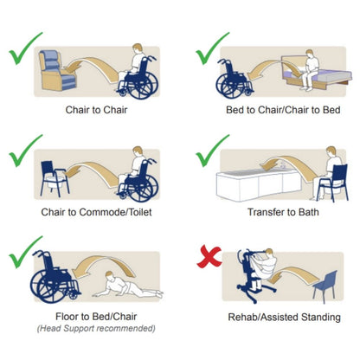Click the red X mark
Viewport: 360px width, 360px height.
[x=209, y=256]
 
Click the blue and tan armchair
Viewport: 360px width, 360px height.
[x=57, y=70]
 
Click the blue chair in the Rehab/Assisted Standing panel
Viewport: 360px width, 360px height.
[x=326, y=286]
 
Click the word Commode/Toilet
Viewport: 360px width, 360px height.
[x=115, y=212]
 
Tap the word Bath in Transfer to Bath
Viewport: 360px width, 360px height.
[x=309, y=212]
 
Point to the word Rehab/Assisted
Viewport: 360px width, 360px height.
[x=263, y=318]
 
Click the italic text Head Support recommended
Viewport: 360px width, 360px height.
[x=96, y=328]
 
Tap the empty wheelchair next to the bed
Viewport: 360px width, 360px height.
[x=235, y=80]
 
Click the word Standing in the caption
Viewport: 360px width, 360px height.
[x=321, y=318]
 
